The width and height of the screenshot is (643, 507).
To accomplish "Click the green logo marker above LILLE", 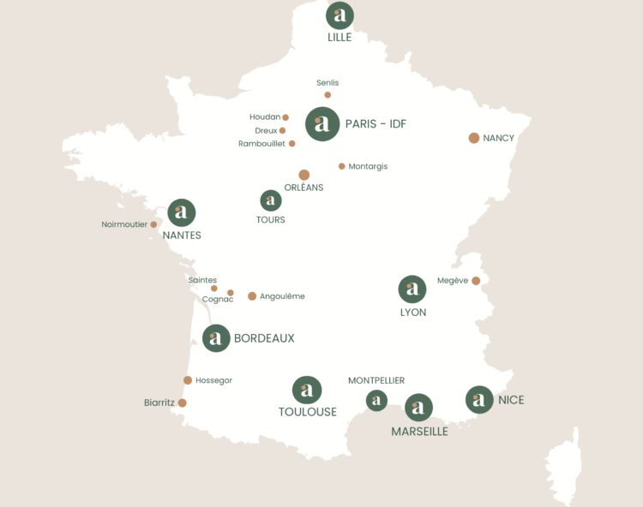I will (x=340, y=15).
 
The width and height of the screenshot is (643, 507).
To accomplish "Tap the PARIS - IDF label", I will (x=376, y=124).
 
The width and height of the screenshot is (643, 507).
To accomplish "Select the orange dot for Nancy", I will (x=474, y=138).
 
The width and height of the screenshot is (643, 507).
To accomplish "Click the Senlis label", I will (x=328, y=83).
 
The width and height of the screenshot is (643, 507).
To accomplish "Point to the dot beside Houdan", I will (x=285, y=117).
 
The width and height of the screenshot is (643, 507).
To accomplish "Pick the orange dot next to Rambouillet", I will (x=292, y=144).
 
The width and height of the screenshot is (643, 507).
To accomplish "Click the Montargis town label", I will (x=368, y=166).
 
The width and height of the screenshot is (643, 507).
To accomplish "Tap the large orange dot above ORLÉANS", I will (x=304, y=175).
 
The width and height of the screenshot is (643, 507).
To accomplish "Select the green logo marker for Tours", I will (x=271, y=200).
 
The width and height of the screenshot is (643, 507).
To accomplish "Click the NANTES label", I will (x=182, y=236).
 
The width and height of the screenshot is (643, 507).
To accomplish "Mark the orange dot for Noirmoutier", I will (x=154, y=225).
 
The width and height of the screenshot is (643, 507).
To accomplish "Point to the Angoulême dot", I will (x=252, y=296).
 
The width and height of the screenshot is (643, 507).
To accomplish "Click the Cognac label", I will (x=218, y=300).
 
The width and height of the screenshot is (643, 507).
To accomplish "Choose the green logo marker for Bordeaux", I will (x=216, y=338).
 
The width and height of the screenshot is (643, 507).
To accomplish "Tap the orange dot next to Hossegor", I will (x=188, y=380).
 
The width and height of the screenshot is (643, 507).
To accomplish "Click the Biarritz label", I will (x=159, y=403).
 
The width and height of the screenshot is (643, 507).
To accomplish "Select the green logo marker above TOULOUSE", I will (x=307, y=391).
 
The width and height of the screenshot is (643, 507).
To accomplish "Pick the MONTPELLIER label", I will (x=376, y=380).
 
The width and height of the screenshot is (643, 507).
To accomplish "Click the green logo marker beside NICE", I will (x=479, y=399).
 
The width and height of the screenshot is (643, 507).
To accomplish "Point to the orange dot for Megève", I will (x=476, y=280).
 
